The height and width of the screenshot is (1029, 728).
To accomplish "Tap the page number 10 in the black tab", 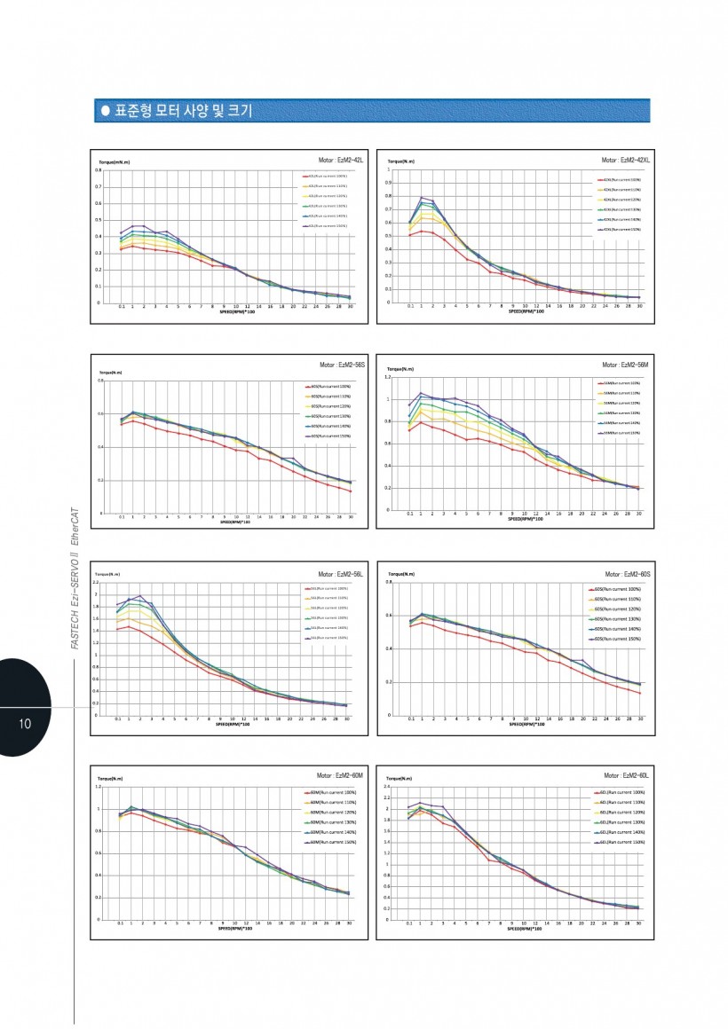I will (x=25, y=723).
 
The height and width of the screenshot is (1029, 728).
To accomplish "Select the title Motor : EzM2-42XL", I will (x=626, y=160).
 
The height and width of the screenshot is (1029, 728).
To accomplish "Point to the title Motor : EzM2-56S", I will (x=342, y=365).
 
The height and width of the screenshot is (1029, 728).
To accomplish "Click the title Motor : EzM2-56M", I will (x=626, y=365).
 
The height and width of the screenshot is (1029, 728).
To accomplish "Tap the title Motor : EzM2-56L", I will (x=342, y=574).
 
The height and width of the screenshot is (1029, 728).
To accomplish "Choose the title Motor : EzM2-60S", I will (x=627, y=574).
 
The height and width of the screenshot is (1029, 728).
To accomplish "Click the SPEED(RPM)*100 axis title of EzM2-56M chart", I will (x=526, y=520).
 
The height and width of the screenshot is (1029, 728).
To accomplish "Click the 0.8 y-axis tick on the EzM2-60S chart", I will (x=388, y=583).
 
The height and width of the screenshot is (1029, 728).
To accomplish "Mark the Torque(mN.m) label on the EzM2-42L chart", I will (x=115, y=161).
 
